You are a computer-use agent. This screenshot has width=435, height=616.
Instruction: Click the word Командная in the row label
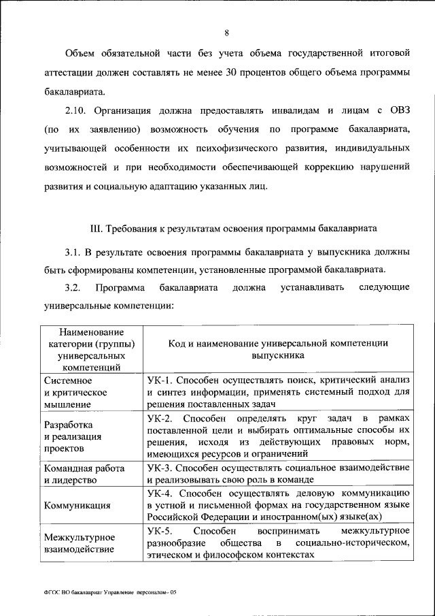[x=67, y=468]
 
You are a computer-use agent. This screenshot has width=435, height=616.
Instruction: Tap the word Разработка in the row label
[x=68, y=425]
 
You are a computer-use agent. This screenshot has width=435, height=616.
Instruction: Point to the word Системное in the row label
[x=68, y=380]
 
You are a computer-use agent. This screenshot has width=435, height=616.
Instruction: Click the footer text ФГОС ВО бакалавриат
[x=68, y=593]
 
